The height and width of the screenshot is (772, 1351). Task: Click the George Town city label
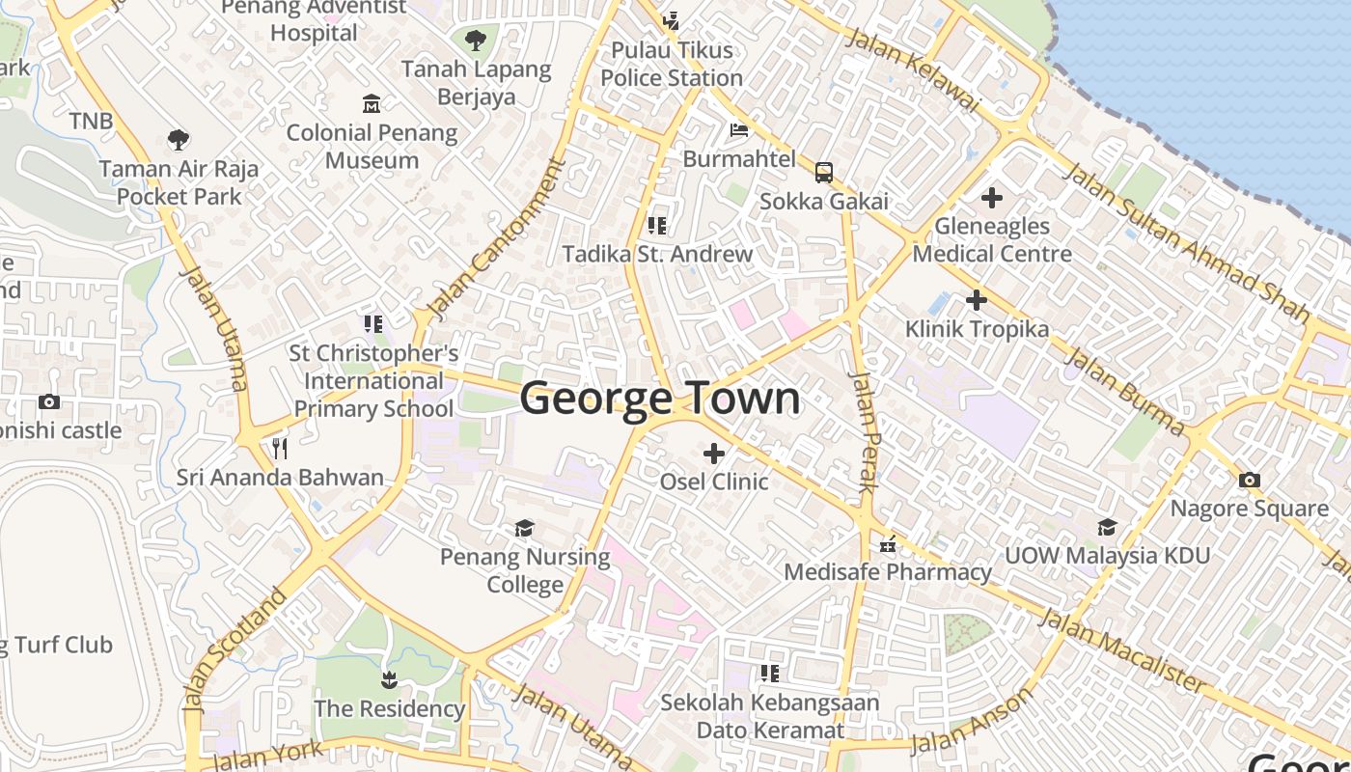[x=660, y=399]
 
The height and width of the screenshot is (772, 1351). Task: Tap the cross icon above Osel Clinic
[x=714, y=453]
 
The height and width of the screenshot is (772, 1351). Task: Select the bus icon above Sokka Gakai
[x=824, y=173]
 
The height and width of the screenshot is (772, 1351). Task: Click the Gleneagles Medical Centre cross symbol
[x=991, y=199]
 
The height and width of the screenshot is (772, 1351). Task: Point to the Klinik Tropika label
[x=977, y=329]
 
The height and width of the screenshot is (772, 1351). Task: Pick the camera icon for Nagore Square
[x=1250, y=480]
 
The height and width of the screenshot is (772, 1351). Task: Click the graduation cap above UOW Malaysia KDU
[x=1107, y=527]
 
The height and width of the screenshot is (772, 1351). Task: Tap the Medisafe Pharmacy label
[x=888, y=572]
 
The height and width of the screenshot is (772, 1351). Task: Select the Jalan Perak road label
[x=862, y=431]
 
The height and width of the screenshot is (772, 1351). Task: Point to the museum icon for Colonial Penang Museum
[x=372, y=103]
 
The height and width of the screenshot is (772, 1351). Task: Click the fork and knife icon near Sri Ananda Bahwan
[x=280, y=448]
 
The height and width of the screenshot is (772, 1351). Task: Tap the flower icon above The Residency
[x=389, y=680]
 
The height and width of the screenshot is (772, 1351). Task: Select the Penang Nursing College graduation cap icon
[x=524, y=528]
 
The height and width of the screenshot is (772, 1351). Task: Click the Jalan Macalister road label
[x=1122, y=651]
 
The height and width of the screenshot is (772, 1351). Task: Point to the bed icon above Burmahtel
[x=739, y=130]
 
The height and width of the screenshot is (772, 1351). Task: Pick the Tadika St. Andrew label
[x=657, y=255]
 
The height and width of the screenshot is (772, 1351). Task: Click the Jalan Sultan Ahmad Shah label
[x=1186, y=241]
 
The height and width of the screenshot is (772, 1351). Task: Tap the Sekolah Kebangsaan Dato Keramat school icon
[x=769, y=673]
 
